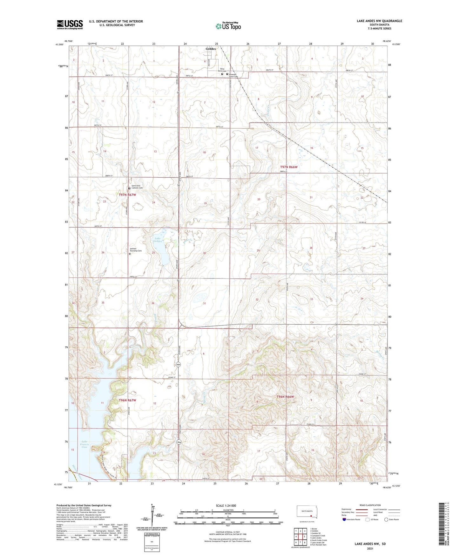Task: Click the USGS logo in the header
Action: (70, 24)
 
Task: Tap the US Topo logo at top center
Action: (228, 26)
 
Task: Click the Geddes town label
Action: (211, 49)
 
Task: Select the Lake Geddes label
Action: (158, 240)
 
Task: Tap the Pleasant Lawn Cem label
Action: (233, 75)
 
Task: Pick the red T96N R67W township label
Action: (127, 400)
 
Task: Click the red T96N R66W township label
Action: (285, 397)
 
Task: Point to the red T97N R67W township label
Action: (127, 195)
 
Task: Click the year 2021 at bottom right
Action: (370, 549)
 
